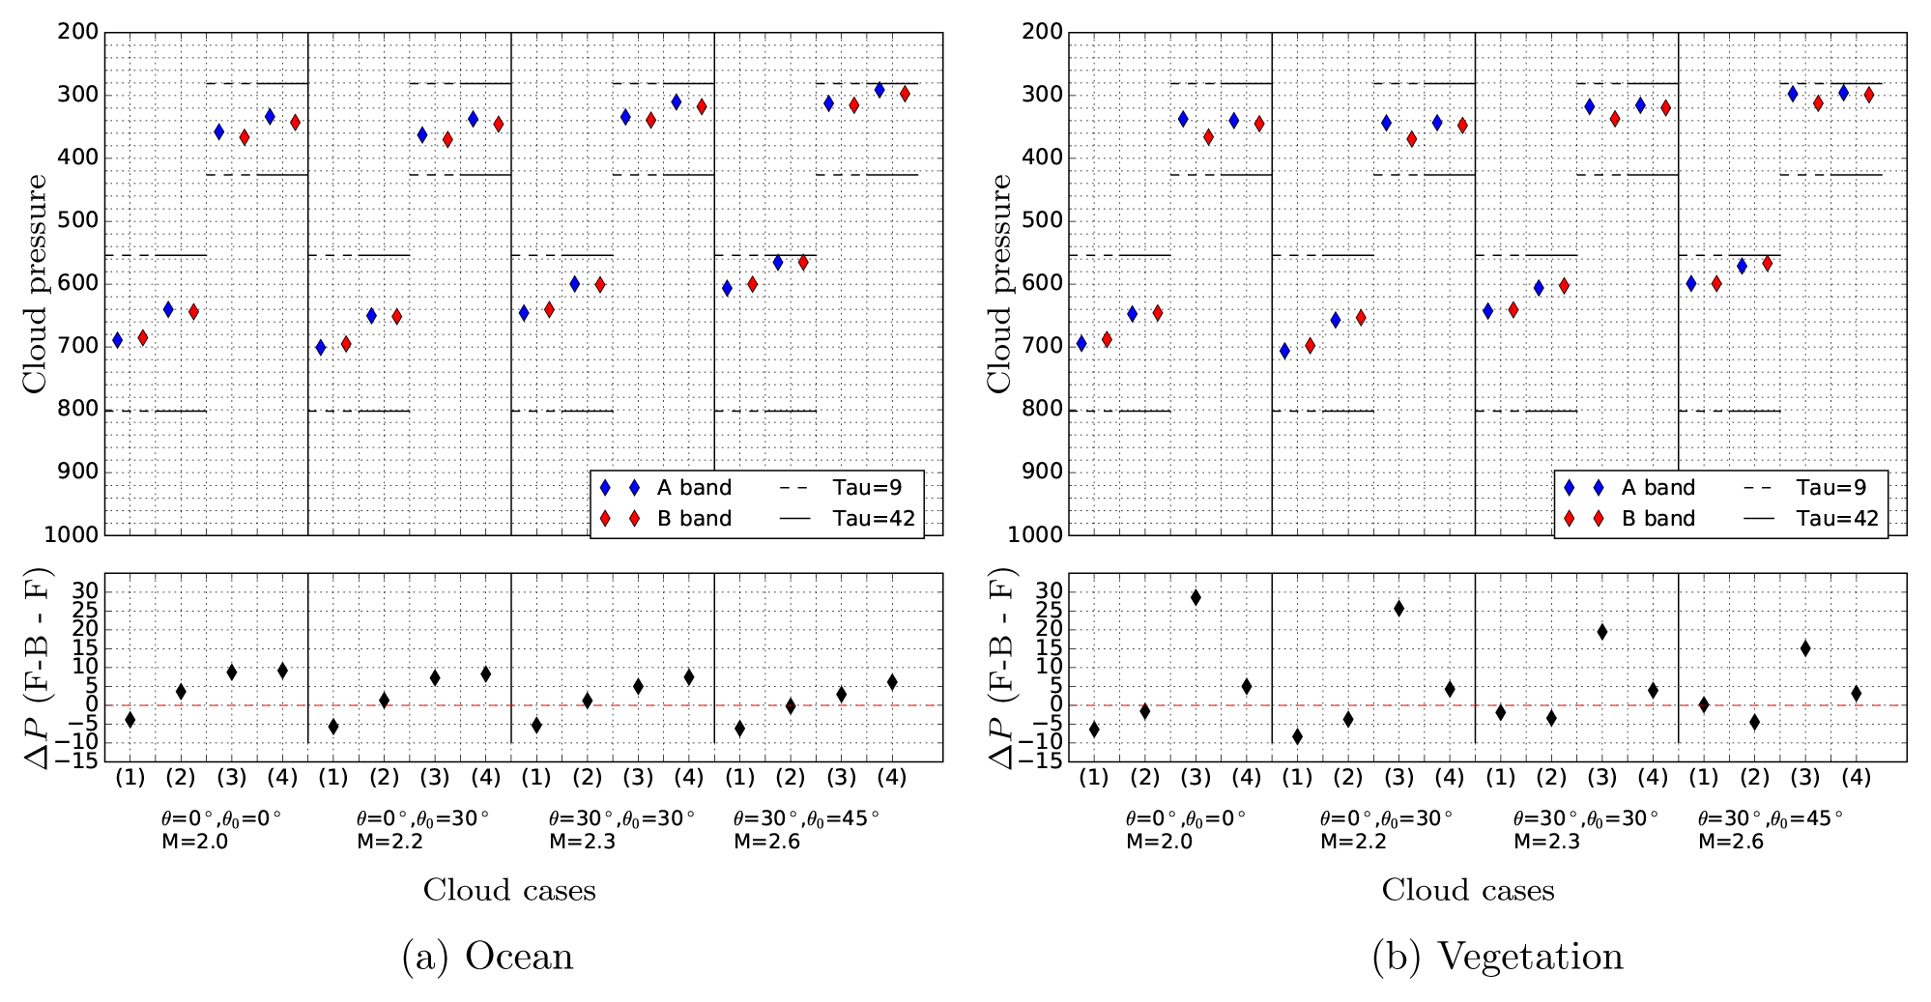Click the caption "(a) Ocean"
click(487, 957)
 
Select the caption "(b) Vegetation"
click(1497, 957)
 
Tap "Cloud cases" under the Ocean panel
click(509, 890)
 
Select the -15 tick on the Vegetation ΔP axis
click(1047, 761)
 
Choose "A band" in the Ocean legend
click(694, 488)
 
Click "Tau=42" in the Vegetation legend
click(1837, 519)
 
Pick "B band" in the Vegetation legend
click(1657, 519)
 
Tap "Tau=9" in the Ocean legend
click(867, 488)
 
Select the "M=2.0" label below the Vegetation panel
click(1159, 842)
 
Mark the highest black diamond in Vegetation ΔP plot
click(1196, 597)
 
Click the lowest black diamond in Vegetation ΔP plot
click(1297, 737)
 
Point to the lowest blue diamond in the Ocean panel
click(321, 347)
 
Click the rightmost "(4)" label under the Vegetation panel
click(1856, 778)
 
